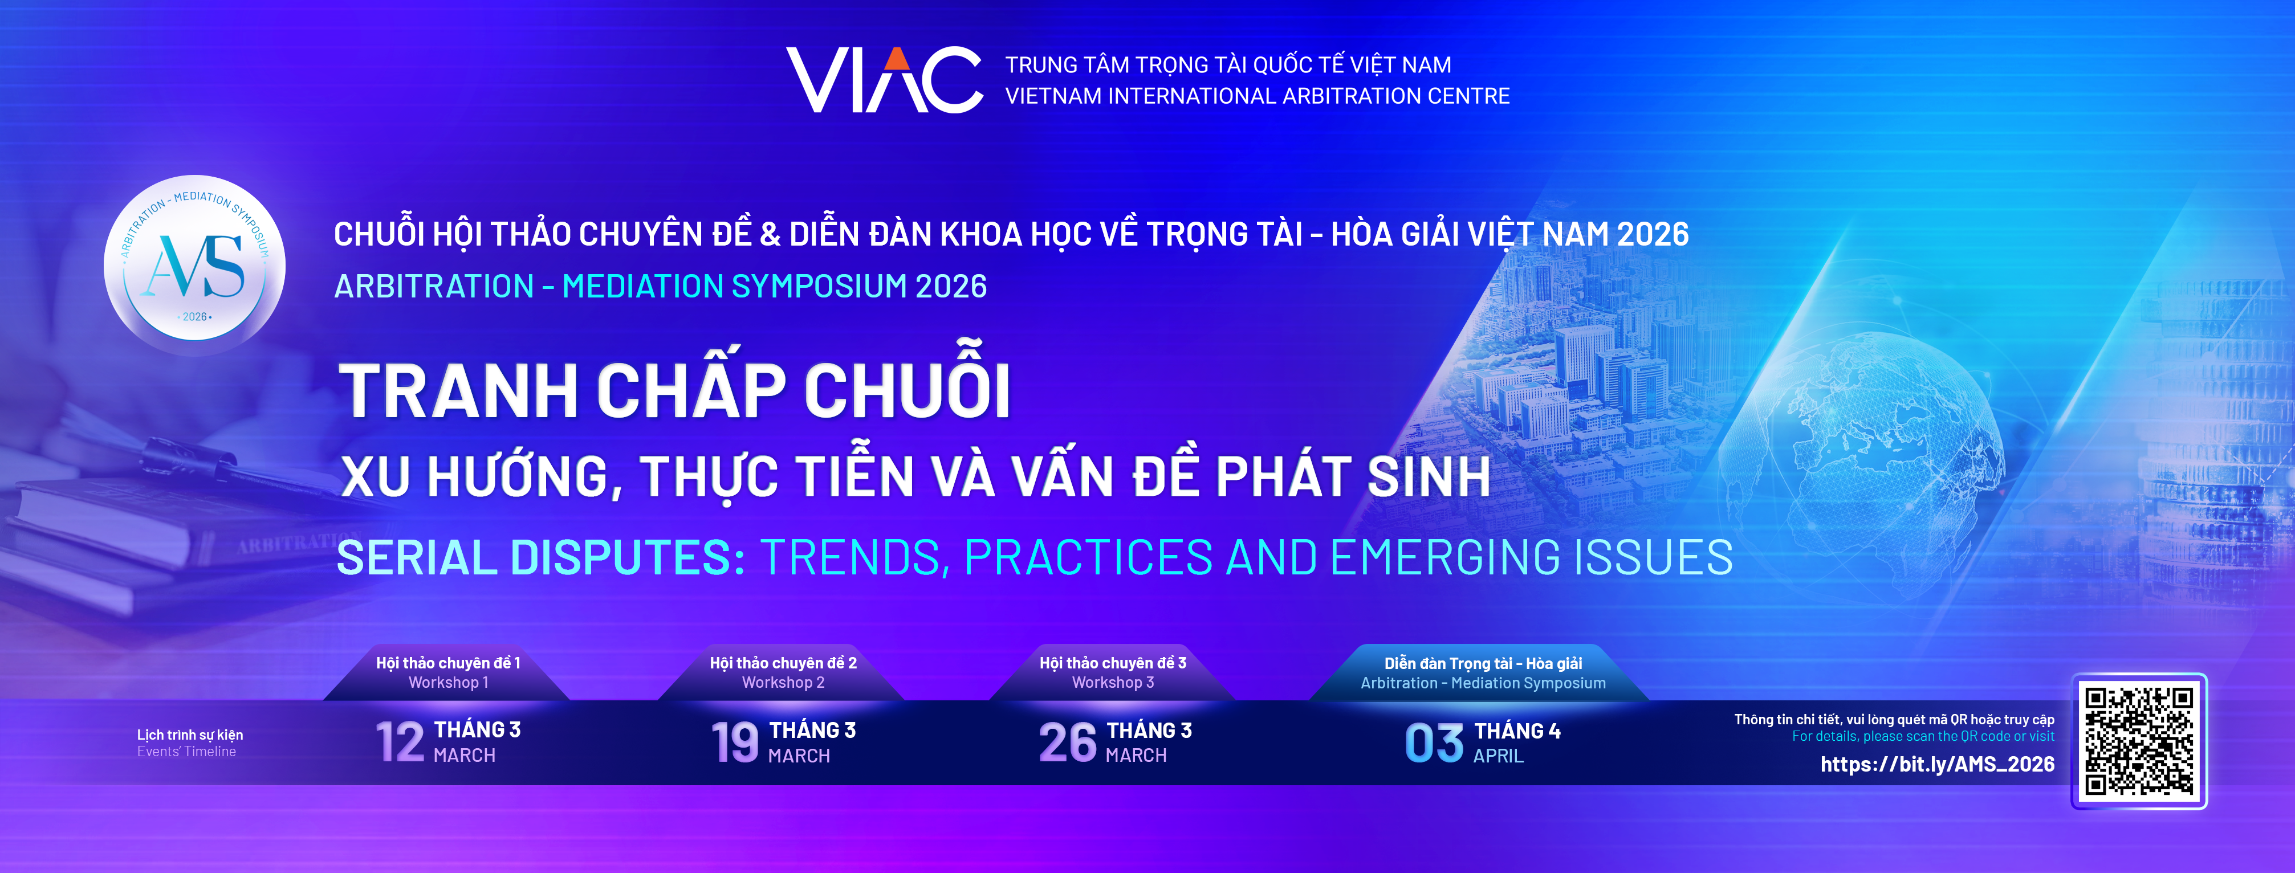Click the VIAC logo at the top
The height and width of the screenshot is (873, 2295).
click(x=885, y=80)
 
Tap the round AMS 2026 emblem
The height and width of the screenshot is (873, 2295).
click(x=195, y=266)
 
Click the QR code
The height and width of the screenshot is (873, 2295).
click(x=2139, y=741)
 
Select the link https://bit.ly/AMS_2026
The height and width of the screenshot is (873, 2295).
click(x=1937, y=764)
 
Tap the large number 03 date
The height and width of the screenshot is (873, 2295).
click(x=1434, y=743)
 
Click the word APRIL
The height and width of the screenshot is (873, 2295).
click(x=1499, y=756)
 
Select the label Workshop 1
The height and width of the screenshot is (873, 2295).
click(x=448, y=682)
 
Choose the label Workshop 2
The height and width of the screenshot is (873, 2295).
click(x=783, y=682)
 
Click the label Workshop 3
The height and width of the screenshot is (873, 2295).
click(x=1113, y=682)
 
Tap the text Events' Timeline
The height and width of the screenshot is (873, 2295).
click(x=186, y=752)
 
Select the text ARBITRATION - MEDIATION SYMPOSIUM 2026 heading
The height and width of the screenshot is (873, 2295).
click(x=660, y=286)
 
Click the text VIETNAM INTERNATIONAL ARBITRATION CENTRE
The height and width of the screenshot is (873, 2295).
click(x=1257, y=96)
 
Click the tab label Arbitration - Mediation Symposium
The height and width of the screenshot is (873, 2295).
click(x=1483, y=683)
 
